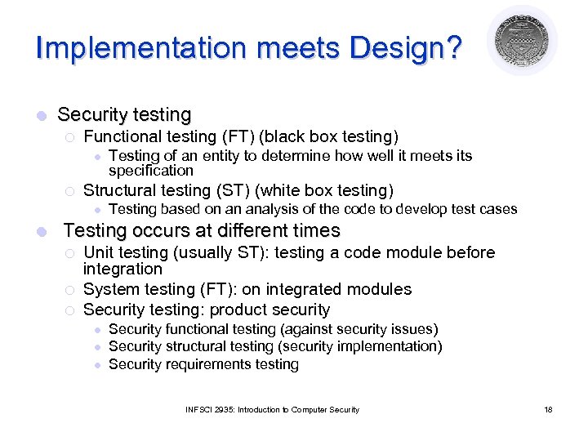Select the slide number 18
tap(548, 409)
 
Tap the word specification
tap(150, 171)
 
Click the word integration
tap(122, 269)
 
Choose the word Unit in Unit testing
tap(99, 252)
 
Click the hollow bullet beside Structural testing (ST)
tap(69, 192)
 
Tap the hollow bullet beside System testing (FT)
tap(69, 291)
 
